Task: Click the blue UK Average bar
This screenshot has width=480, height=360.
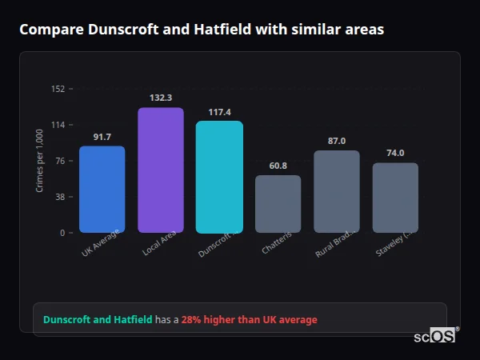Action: point(102,190)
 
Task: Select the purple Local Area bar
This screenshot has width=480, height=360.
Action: point(161,170)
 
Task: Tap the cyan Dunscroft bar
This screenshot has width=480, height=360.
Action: point(219,177)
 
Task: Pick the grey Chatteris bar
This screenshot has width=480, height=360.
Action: point(278,204)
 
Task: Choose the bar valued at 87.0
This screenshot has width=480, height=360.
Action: point(337,191)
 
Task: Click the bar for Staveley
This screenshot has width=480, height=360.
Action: point(395,198)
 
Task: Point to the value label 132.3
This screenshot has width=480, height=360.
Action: point(161,98)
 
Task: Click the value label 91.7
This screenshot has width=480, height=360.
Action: point(102,137)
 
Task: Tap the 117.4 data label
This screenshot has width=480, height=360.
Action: point(219,112)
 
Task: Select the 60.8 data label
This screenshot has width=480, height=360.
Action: point(278,166)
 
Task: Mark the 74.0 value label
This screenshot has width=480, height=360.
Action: point(395,153)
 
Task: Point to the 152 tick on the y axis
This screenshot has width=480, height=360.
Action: point(58,89)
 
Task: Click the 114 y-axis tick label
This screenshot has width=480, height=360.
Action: point(58,125)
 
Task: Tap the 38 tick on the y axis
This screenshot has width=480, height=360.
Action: point(61,197)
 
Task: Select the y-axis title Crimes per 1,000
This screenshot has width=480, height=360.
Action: point(39,162)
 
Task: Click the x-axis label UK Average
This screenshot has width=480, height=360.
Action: point(101,242)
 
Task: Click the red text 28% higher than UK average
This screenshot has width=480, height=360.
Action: point(249,320)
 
